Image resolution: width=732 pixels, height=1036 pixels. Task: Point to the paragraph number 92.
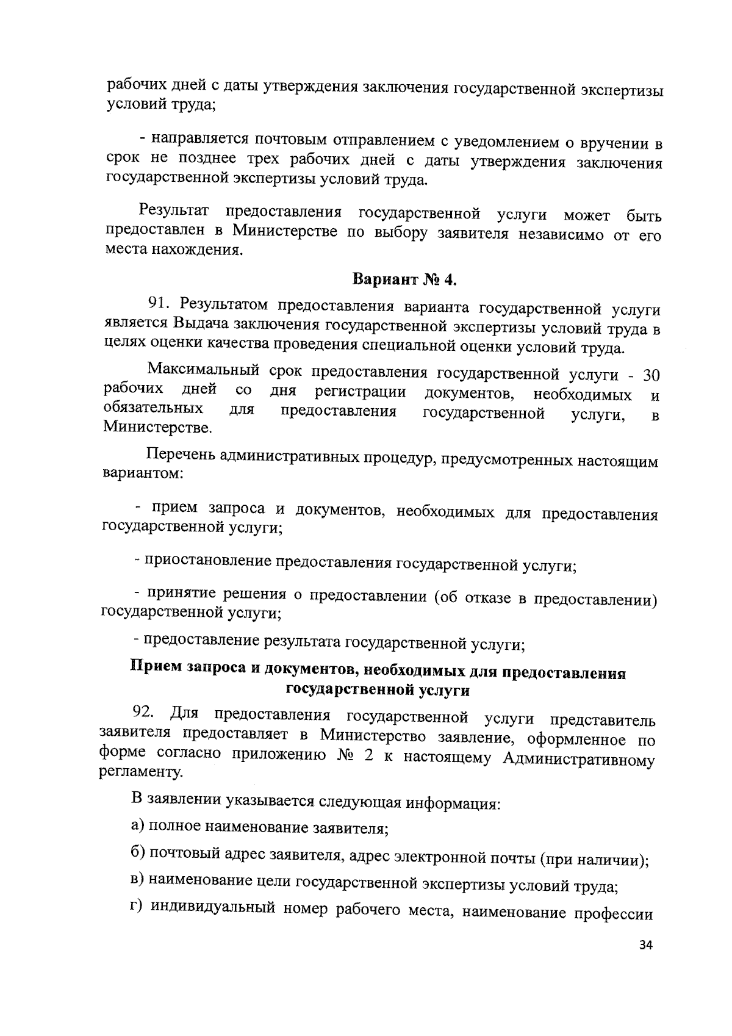(144, 713)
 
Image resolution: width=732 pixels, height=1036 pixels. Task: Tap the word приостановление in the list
(207, 561)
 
